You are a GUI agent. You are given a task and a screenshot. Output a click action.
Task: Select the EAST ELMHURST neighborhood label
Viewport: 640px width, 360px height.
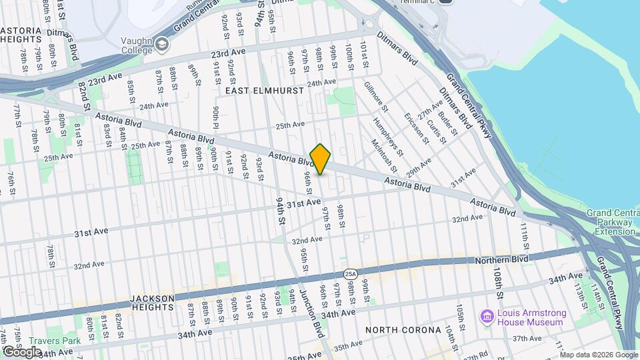tap(264, 90)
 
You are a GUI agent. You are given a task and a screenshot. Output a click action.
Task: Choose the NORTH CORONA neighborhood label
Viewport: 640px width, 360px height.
tap(403, 330)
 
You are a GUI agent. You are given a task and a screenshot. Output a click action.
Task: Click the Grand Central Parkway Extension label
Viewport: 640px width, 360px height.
tap(611, 222)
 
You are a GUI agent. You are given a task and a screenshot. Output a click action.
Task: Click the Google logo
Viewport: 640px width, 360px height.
tap(22, 351)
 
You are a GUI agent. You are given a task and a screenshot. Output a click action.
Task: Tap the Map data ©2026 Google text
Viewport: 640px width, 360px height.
tap(599, 355)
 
